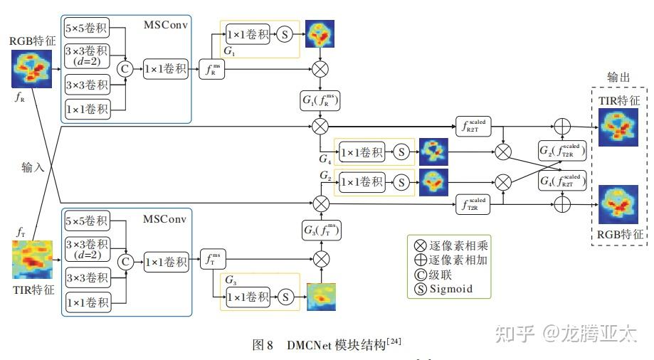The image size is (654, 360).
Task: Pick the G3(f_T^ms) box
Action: (x=321, y=231)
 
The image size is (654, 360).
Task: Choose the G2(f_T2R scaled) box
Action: (x=563, y=150)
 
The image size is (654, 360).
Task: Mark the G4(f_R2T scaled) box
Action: (x=563, y=182)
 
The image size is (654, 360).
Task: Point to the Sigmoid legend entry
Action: (x=443, y=289)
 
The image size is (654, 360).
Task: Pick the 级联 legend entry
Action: (x=435, y=275)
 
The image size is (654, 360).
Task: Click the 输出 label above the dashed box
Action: (x=618, y=77)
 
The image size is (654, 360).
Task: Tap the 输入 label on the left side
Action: (x=33, y=167)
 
